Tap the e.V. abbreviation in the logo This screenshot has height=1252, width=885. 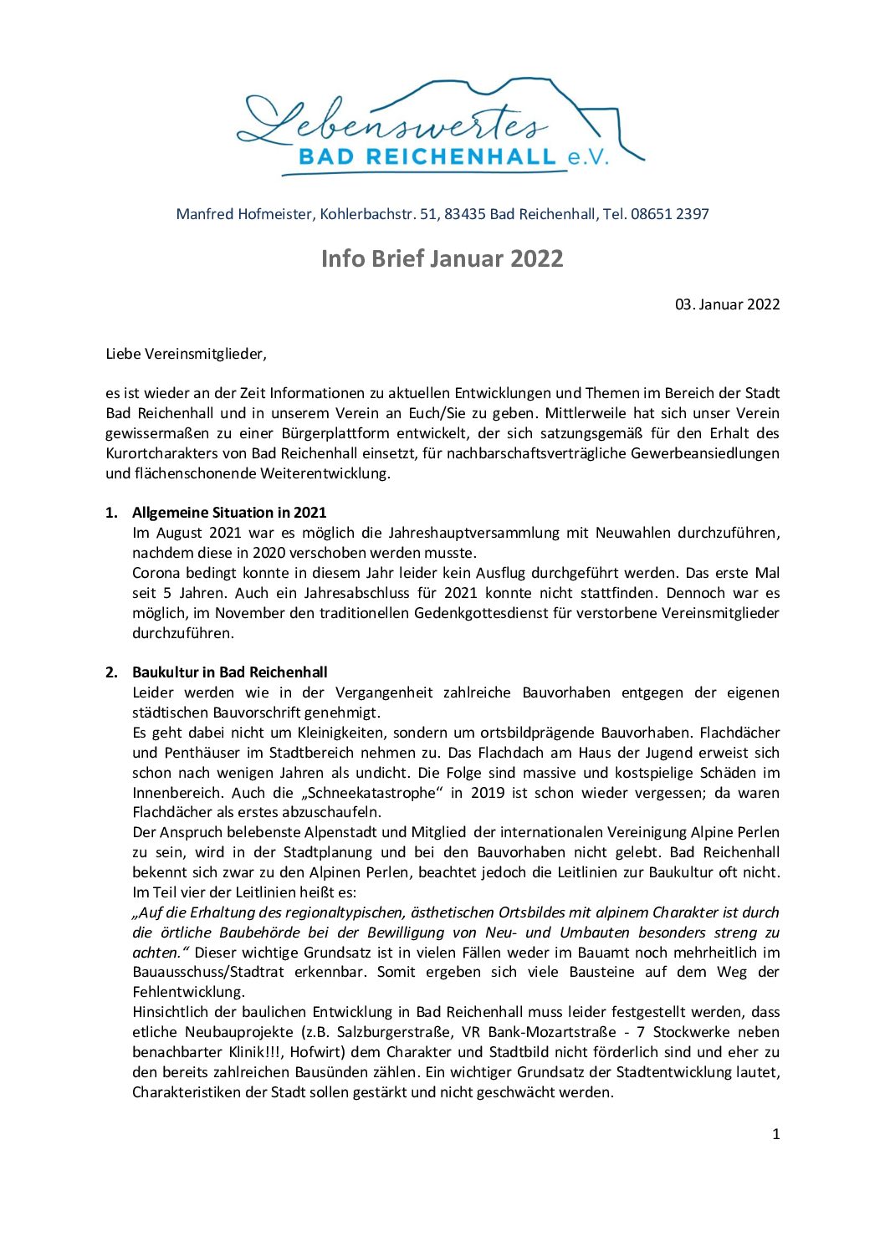pyautogui.click(x=588, y=156)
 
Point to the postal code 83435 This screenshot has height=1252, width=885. pyautogui.click(x=465, y=214)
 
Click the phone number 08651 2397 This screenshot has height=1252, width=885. pyautogui.click(x=670, y=214)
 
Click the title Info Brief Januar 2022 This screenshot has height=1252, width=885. pyautogui.click(x=442, y=258)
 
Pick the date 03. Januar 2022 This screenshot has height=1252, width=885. pyautogui.click(x=727, y=304)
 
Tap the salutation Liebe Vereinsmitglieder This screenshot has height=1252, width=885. pyautogui.click(x=186, y=354)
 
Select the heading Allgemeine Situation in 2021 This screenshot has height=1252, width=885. pyautogui.click(x=229, y=513)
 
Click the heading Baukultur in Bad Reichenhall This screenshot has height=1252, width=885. pyautogui.click(x=230, y=672)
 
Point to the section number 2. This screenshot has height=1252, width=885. pyautogui.click(x=111, y=672)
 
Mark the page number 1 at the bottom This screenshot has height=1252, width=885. pyautogui.click(x=775, y=1134)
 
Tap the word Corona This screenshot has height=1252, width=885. pyautogui.click(x=156, y=573)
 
